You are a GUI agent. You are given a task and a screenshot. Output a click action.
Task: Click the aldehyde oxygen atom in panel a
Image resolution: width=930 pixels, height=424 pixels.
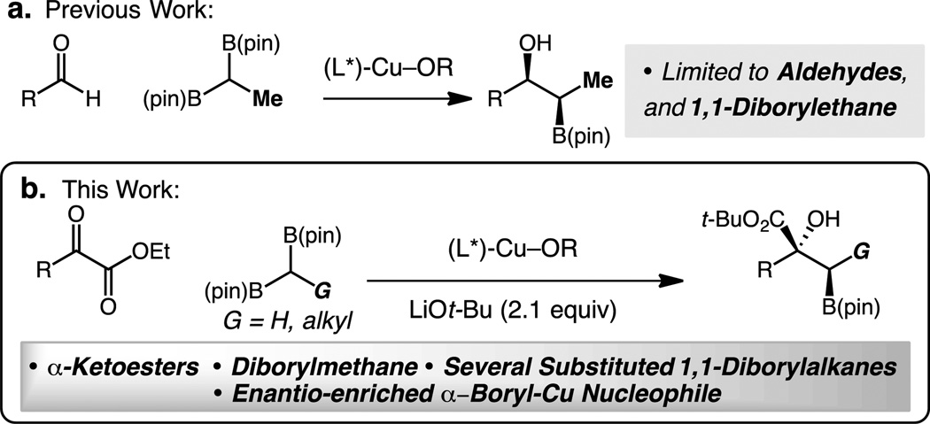tap(60, 42)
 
